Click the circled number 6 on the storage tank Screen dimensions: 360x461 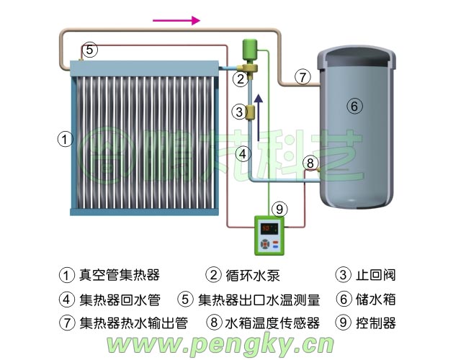353,106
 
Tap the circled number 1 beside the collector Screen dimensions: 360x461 66,139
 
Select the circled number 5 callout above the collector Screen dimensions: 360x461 89,50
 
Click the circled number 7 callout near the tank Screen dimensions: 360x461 303,76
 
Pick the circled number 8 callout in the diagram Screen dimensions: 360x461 310,163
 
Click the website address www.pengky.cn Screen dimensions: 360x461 220,345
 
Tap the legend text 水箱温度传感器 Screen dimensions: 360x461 272,323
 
